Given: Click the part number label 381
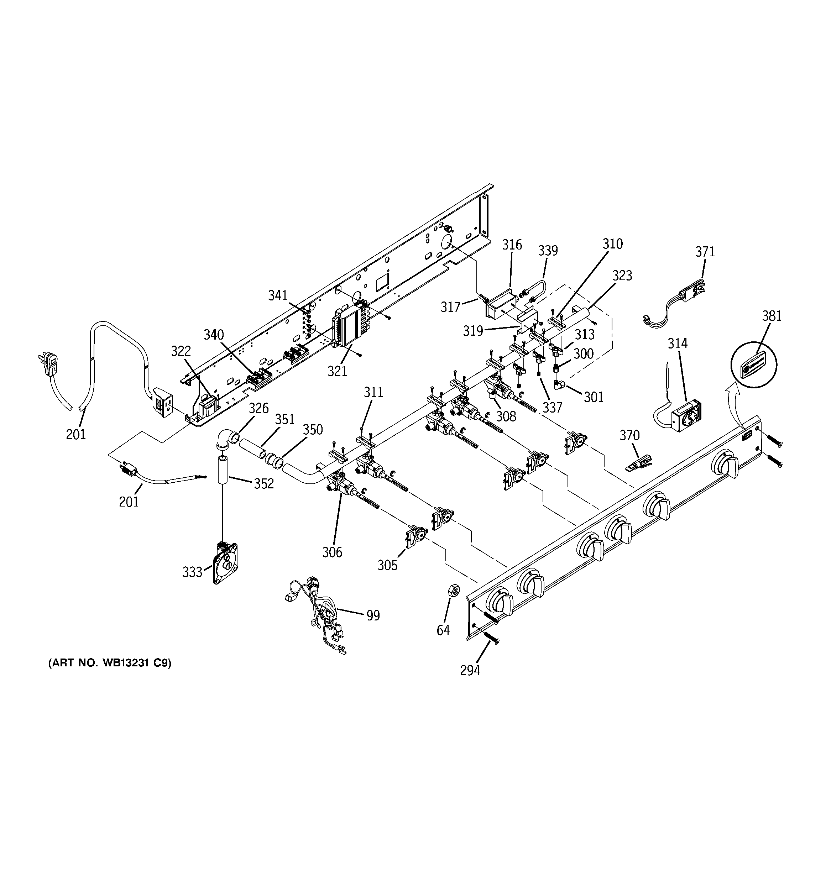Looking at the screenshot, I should (x=772, y=316).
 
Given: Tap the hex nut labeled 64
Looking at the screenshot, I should (x=454, y=590).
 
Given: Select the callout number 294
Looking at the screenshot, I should (x=470, y=671).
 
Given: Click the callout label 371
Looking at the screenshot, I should (x=705, y=252).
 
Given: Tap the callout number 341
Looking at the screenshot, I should (x=278, y=295).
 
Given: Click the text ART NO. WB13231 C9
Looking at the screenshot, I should (x=110, y=675).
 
